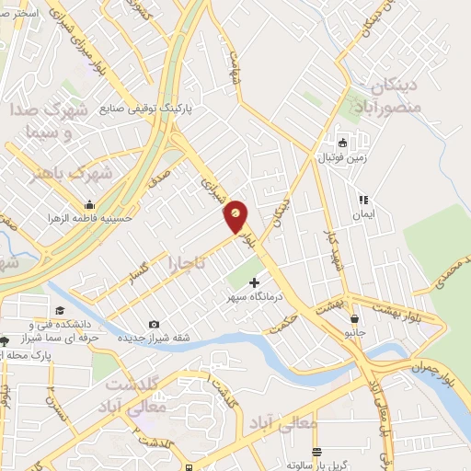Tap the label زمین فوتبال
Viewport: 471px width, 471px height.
(342, 157)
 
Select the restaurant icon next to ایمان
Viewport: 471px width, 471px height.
(362, 199)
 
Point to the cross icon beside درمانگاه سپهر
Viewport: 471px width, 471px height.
(255, 281)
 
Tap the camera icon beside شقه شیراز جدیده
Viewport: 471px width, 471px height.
(153, 325)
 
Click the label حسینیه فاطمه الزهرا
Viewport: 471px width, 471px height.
(90, 219)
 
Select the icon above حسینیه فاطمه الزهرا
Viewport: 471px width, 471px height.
(89, 204)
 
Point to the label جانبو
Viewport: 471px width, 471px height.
(354, 331)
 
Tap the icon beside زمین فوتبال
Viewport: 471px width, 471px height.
(342, 143)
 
